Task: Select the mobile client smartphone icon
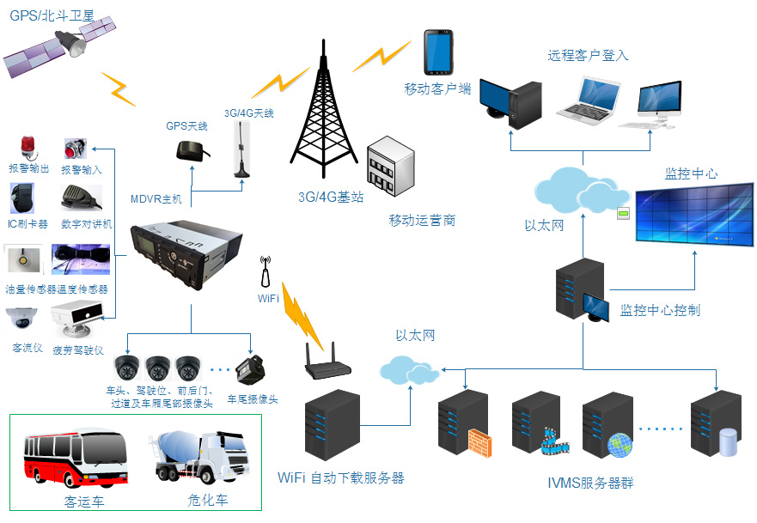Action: click(x=437, y=53)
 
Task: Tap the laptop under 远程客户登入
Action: click(x=589, y=100)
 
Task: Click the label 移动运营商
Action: click(x=422, y=221)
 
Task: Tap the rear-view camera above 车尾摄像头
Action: click(x=251, y=371)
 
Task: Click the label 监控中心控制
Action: click(x=660, y=310)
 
